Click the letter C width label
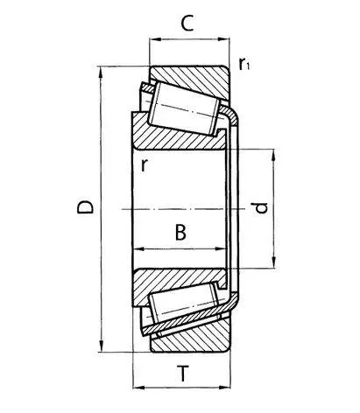(186, 24)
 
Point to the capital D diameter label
(84, 208)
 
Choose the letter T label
(182, 374)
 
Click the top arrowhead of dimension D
(103, 72)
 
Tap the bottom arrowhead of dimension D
(103, 346)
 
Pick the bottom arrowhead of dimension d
(275, 264)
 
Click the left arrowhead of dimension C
(154, 40)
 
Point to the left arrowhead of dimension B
(137, 249)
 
